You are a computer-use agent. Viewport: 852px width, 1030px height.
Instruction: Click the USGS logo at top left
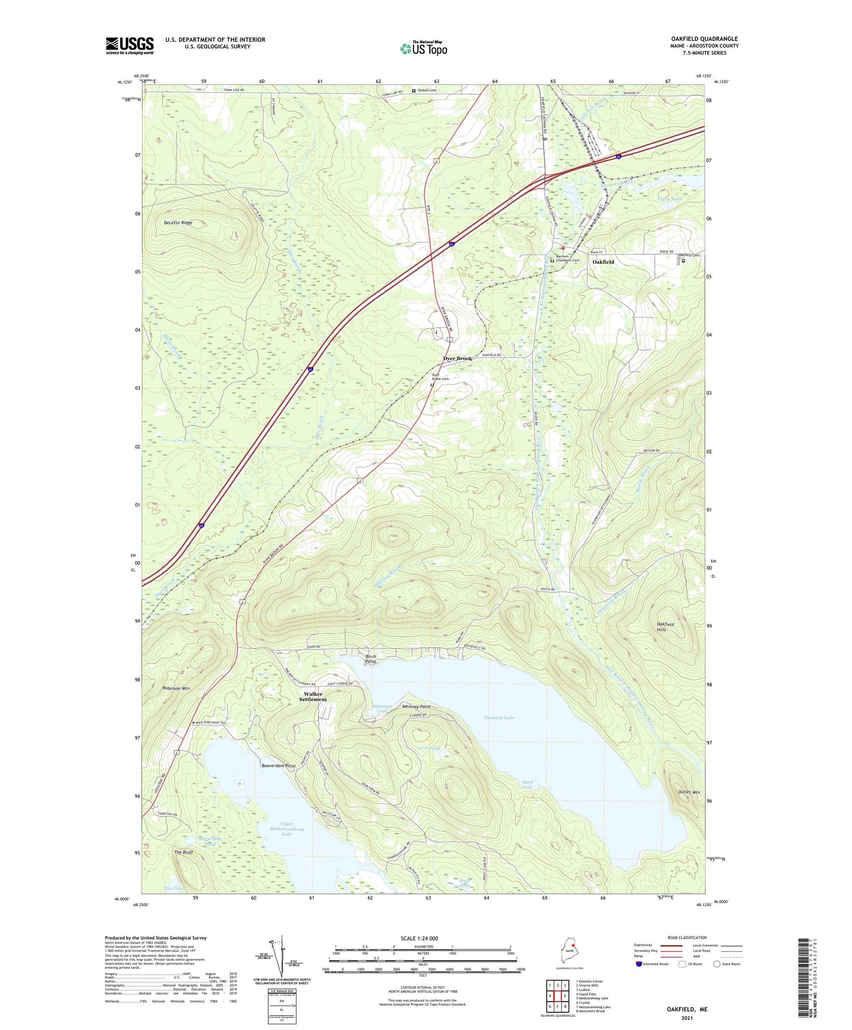[x=130, y=45]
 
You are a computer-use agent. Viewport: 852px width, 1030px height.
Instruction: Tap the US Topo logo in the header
[x=423, y=49]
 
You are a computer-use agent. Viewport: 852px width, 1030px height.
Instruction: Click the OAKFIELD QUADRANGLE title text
[x=704, y=39]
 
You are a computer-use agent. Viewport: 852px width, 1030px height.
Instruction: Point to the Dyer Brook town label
[x=457, y=358]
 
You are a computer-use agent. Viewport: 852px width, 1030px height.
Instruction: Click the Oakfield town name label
[x=603, y=262]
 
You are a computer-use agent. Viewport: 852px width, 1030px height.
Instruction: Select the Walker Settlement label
[x=313, y=697]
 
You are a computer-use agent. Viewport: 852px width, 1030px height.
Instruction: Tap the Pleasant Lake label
[x=499, y=718]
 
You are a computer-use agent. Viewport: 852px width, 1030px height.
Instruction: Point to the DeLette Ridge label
[x=178, y=223]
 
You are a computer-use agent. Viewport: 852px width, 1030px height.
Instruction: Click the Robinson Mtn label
[x=176, y=688]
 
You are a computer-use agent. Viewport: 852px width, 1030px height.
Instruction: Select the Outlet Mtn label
[x=688, y=792]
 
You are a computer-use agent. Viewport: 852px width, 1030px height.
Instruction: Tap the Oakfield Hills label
[x=665, y=627]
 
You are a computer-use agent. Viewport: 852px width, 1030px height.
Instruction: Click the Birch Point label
[x=370, y=659]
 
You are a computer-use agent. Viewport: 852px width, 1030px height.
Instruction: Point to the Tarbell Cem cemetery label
[x=427, y=90]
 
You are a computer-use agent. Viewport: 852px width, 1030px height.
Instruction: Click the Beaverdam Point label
[x=278, y=766]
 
